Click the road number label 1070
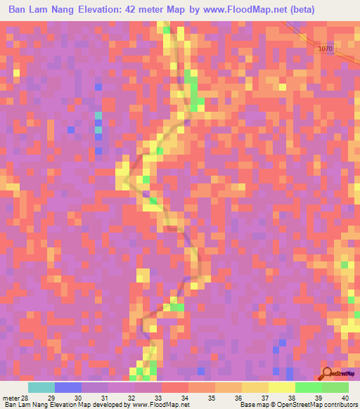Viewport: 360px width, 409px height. point(324,48)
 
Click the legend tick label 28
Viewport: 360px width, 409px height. point(27,398)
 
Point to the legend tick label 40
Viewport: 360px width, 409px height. point(344,398)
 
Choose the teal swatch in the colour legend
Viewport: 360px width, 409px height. point(41,387)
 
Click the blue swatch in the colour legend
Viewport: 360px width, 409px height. point(67,387)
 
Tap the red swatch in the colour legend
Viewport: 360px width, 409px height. point(174,387)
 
